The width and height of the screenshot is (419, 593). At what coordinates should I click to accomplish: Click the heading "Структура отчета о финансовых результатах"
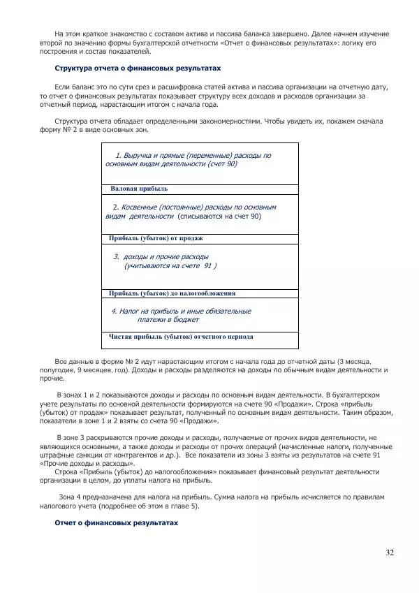(x=138, y=68)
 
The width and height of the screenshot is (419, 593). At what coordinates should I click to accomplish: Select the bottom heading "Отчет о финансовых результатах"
(x=117, y=522)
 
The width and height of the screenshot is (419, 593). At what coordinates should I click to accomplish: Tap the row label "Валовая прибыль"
(x=139, y=189)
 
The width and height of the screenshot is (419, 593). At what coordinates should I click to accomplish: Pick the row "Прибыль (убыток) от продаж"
(x=156, y=238)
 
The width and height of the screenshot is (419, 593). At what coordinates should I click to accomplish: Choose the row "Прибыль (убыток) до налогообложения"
(x=172, y=293)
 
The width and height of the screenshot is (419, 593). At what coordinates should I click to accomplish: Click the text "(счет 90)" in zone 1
(x=223, y=163)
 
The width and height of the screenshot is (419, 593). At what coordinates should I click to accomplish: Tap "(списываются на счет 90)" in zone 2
(x=219, y=217)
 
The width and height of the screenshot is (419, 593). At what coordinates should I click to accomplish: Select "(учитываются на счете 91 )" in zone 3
(x=170, y=266)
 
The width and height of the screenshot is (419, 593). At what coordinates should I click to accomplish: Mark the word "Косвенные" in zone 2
(x=140, y=207)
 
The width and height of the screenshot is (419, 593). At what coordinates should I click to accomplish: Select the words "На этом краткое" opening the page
(x=84, y=34)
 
